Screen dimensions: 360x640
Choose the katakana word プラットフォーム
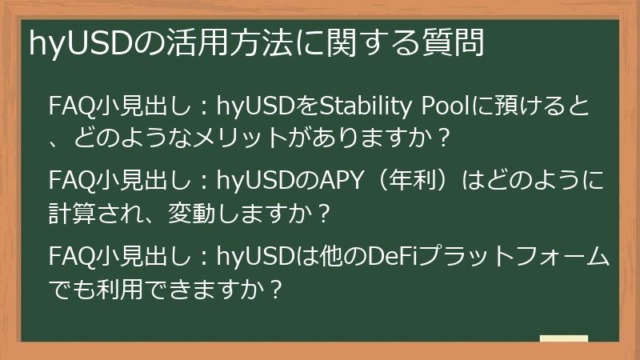512,257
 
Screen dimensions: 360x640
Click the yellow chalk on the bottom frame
564,339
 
